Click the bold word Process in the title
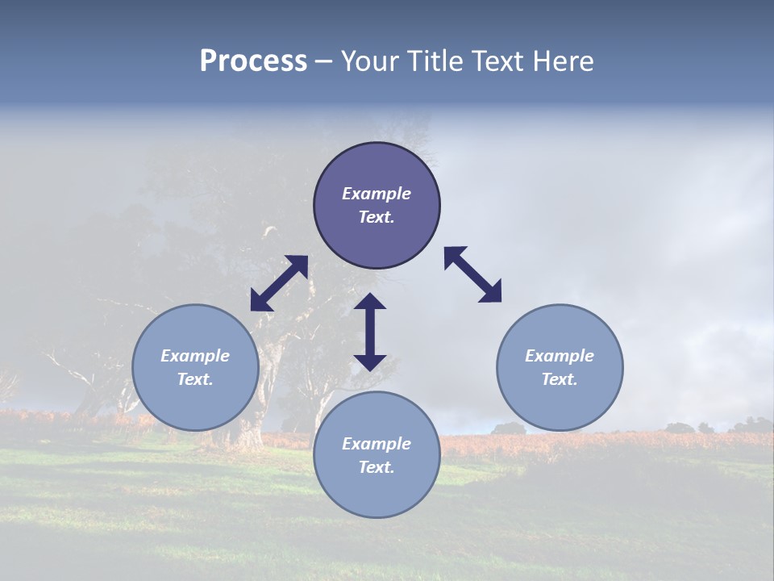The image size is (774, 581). tap(253, 61)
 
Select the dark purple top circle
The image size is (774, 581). tap(377, 169)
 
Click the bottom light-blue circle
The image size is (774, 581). tap(377, 492)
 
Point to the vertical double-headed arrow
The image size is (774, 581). tap(370, 332)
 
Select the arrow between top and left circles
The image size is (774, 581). tap(279, 283)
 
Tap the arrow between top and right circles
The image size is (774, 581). tap(472, 274)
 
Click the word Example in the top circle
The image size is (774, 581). tap(377, 194)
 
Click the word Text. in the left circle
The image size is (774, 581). tap(195, 379)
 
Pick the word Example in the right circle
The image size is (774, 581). tap(560, 356)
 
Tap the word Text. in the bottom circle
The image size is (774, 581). tap(377, 467)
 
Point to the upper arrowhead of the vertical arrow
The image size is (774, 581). tap(370, 302)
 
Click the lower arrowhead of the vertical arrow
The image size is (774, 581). tap(370, 361)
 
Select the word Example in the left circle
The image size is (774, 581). tap(195, 356)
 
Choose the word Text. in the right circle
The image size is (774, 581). tap(560, 379)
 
